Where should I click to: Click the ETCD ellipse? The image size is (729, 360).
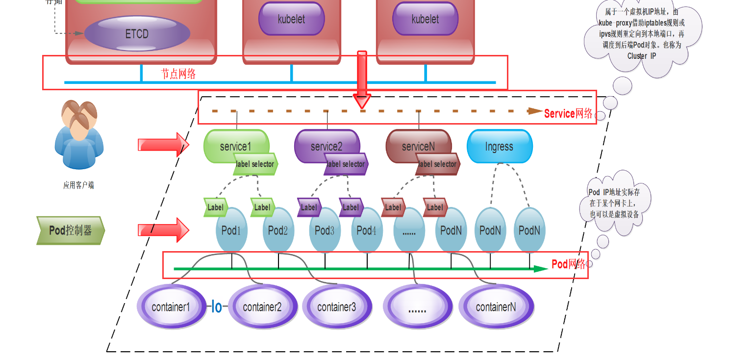[137, 34]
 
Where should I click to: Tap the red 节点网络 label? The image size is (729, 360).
[178, 74]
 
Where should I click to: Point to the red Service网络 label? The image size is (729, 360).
[568, 114]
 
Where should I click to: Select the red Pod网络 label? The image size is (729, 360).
[569, 264]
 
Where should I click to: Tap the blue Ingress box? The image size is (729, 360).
[499, 147]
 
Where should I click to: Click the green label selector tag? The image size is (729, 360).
[255, 164]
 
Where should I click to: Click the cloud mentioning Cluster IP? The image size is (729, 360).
[642, 39]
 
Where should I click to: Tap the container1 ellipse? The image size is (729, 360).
[171, 308]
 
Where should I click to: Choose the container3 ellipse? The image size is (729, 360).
[337, 308]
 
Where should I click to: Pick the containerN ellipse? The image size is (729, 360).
[496, 308]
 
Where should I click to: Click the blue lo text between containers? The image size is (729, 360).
[216, 308]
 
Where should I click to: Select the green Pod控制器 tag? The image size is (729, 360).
[71, 231]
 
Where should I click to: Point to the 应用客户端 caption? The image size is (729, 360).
[78, 185]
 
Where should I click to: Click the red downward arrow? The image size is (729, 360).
[362, 78]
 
